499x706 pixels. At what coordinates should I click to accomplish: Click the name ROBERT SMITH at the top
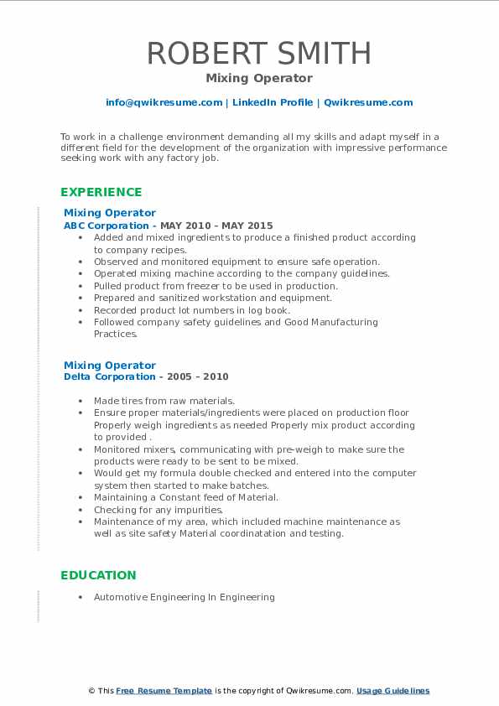(258, 54)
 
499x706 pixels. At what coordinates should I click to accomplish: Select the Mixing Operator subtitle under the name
(258, 79)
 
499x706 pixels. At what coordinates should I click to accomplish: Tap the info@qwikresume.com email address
(164, 102)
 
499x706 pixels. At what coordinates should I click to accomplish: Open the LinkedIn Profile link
(273, 102)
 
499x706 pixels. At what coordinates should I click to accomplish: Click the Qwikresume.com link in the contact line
(368, 102)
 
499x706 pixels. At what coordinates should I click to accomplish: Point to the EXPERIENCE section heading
(101, 192)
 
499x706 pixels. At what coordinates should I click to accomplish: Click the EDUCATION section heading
(98, 575)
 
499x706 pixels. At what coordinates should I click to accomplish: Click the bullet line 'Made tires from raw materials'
(164, 401)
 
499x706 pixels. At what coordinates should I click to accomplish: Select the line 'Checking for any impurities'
(159, 510)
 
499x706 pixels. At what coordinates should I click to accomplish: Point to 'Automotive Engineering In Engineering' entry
(185, 598)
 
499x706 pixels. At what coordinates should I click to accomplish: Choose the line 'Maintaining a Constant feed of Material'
(186, 497)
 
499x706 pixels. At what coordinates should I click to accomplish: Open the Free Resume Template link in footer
(164, 691)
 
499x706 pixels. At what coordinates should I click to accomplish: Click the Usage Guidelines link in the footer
(392, 691)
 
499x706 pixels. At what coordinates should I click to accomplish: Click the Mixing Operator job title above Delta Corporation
(110, 366)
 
